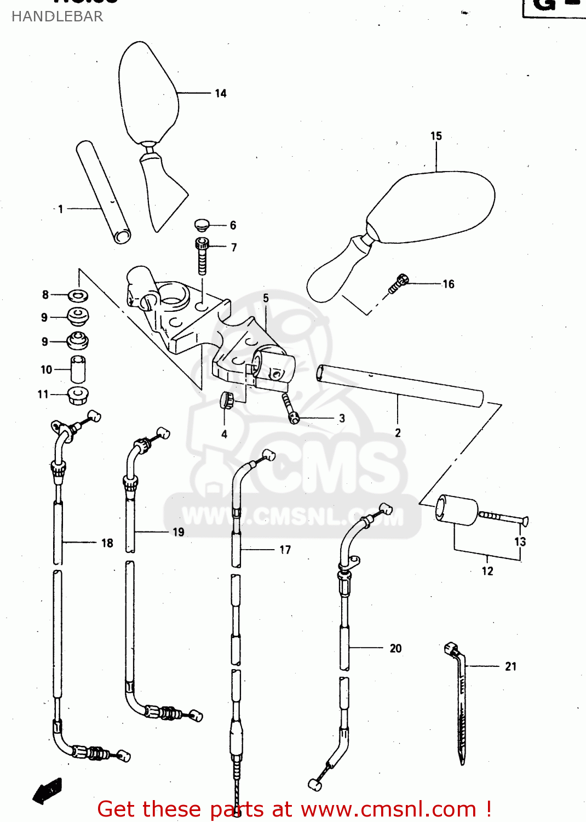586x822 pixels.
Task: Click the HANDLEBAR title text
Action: point(57,16)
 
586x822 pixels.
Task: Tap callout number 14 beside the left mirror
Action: point(221,93)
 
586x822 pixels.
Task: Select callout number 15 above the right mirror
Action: point(436,136)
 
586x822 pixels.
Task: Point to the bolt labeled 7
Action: point(202,255)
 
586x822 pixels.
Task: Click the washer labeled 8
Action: point(78,296)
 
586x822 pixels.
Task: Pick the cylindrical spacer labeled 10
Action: point(78,369)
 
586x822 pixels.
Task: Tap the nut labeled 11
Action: point(78,395)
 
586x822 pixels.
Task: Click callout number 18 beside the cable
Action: point(107,543)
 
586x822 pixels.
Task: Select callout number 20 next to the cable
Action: point(395,648)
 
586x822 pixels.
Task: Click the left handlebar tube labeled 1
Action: point(103,192)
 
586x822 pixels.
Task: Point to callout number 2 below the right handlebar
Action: point(398,433)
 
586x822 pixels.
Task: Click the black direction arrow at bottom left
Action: point(47,791)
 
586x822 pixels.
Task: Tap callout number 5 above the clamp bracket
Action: point(266,298)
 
